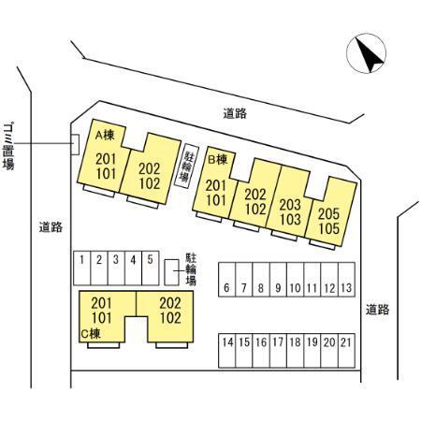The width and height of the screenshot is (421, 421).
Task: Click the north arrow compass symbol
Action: point(366,53)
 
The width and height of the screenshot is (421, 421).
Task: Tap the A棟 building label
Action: point(105,136)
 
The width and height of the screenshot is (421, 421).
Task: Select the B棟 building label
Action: point(218,160)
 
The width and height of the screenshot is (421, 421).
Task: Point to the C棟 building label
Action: point(91,334)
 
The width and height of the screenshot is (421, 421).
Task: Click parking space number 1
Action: point(82,269)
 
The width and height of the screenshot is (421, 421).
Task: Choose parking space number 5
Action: point(151,269)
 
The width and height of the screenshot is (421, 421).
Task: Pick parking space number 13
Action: point(346,280)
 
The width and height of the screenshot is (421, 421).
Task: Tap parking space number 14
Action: point(227,351)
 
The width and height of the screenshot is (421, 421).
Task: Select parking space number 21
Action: point(346,351)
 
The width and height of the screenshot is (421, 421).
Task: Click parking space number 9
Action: point(278,280)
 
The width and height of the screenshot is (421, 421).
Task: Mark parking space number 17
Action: point(278,351)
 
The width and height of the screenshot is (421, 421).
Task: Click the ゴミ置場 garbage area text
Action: point(8,146)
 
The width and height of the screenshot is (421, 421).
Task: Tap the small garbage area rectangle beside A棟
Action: point(75,144)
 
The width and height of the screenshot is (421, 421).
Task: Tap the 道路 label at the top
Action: point(235,113)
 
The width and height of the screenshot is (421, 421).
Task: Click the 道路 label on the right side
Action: point(378,310)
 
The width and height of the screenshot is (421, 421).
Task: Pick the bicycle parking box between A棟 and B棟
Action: point(186,166)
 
